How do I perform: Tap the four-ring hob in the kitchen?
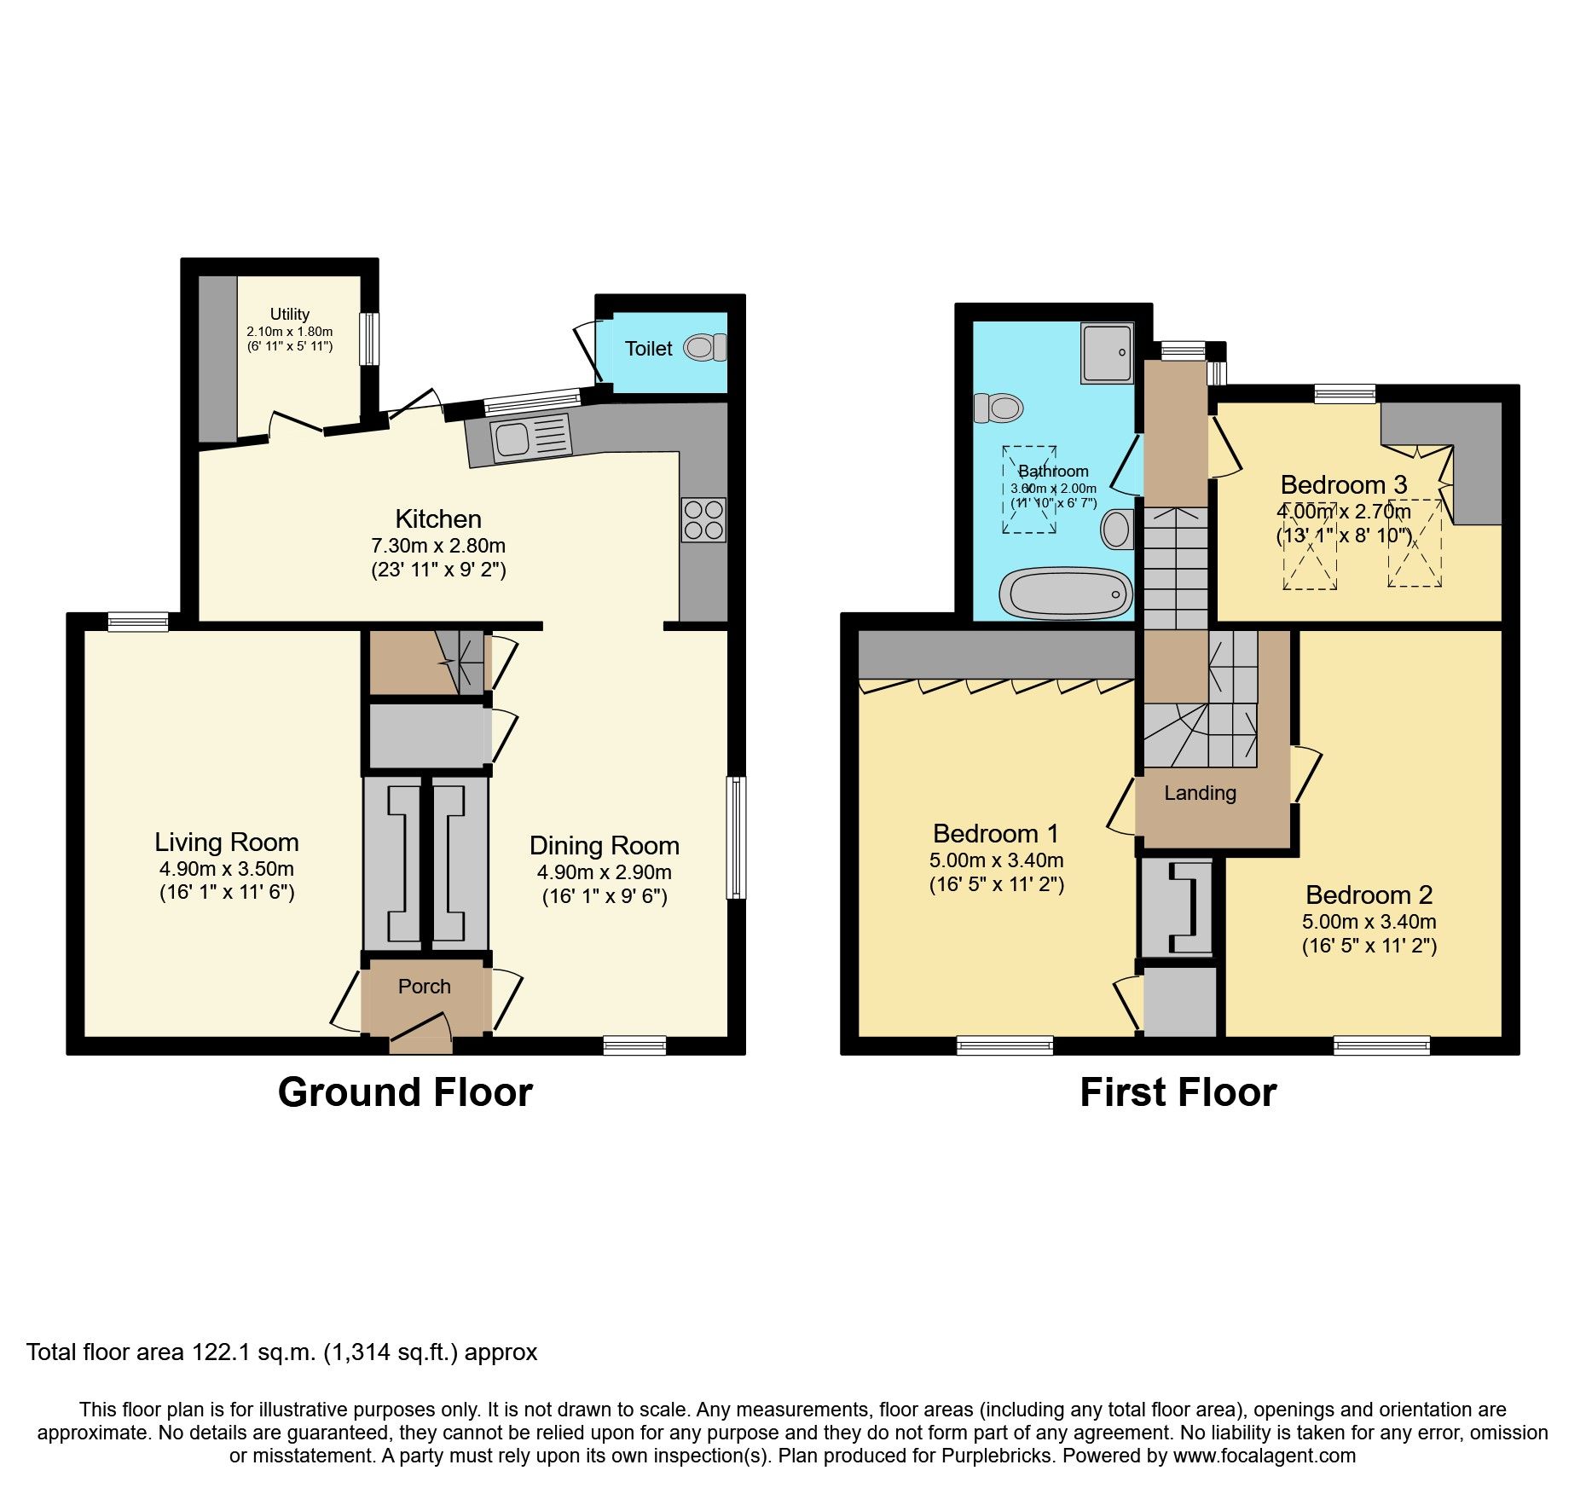coord(703,519)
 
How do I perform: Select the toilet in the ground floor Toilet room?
coord(704,347)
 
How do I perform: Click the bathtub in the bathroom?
coord(1065,593)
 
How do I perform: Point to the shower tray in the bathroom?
coord(1107,352)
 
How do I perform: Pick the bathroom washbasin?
coord(1116,529)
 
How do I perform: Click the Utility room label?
coord(289,314)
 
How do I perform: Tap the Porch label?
coord(424,986)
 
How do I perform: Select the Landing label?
coord(1200,793)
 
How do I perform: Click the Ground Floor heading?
coord(405,1092)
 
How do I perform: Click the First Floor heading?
coord(1178,1092)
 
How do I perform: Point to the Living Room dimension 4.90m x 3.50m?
coord(226,869)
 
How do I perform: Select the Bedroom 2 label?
coord(1369,895)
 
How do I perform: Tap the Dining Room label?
coord(604,845)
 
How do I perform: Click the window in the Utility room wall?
coord(368,339)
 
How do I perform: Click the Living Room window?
coord(138,622)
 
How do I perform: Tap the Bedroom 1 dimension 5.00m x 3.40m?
coord(996,860)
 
